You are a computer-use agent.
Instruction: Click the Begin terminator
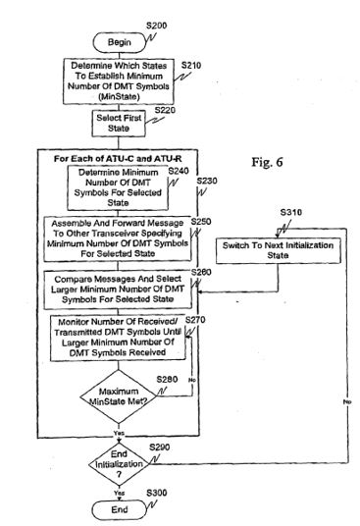click(120, 42)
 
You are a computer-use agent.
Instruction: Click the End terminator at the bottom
click(120, 510)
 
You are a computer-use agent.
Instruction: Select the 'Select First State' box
click(119, 124)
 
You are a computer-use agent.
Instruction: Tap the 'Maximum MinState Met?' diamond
click(119, 396)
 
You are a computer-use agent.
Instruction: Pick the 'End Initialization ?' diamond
click(119, 464)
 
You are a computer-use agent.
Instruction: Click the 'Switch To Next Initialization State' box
click(279, 250)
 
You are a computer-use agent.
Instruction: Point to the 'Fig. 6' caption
click(267, 162)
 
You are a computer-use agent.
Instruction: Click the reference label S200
click(157, 26)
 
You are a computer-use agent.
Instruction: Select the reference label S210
click(191, 66)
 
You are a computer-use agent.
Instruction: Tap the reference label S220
click(165, 110)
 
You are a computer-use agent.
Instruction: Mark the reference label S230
click(207, 182)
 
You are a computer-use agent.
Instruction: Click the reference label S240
click(179, 172)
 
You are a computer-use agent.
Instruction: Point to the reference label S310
click(291, 212)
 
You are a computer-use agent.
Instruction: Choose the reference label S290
click(160, 447)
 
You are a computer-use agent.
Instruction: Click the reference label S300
click(157, 493)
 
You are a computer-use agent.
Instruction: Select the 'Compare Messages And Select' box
click(118, 289)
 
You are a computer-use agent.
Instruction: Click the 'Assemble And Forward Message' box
click(118, 238)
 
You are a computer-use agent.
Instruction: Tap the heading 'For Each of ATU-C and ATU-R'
click(118, 159)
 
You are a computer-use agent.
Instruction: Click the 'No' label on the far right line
click(347, 401)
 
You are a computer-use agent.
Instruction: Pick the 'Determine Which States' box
click(119, 81)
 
